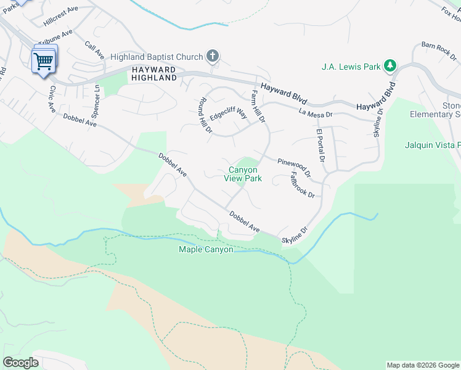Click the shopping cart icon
click(44, 60)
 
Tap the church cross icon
click(213, 57)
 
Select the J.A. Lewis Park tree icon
click(390, 66)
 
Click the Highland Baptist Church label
click(157, 57)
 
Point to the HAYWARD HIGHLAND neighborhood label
click(153, 73)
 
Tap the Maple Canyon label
click(206, 249)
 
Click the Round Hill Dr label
click(205, 116)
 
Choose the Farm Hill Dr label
click(257, 105)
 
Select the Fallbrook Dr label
click(303, 185)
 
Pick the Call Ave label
click(94, 50)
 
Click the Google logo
click(20, 363)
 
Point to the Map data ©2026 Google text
click(423, 365)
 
